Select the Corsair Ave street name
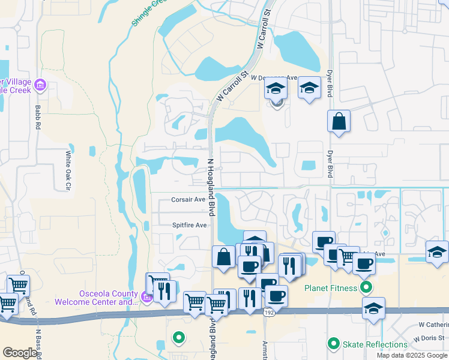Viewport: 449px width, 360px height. [188, 200]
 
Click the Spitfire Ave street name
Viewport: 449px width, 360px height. [190, 225]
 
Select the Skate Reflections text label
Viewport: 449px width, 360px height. [375, 344]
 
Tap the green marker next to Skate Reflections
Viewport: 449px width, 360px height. [334, 344]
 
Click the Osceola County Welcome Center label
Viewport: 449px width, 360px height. [96, 298]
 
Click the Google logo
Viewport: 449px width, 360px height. [20, 353]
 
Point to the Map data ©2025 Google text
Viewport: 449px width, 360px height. [411, 355]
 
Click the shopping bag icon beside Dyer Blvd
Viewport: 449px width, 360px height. [339, 121]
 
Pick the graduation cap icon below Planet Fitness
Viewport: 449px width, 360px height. [374, 309]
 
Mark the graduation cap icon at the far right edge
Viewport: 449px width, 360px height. [437, 253]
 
